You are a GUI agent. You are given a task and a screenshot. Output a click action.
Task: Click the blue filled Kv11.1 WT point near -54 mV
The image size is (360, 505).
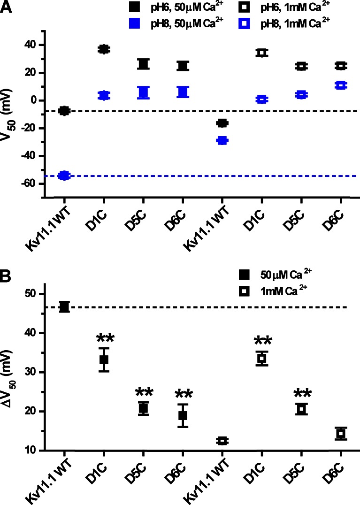click(64, 176)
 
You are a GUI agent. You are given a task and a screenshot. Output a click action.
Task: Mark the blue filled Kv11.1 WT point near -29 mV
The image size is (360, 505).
click(222, 140)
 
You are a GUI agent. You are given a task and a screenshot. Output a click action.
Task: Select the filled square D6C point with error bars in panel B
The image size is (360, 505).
click(183, 416)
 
